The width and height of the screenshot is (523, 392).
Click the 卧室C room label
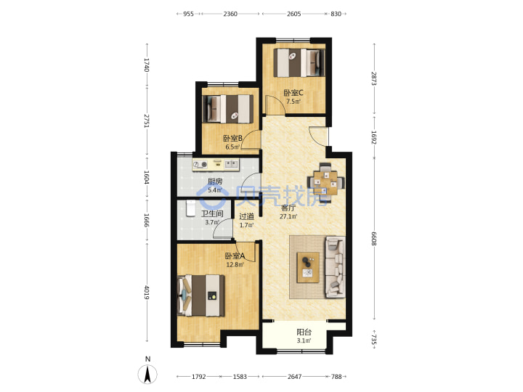[293, 93]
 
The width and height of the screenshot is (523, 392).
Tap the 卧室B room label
[233, 138]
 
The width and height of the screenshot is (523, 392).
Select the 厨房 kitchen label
[215, 181]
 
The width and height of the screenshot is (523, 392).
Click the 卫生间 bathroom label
[212, 213]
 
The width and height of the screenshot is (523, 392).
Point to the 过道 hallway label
[246, 216]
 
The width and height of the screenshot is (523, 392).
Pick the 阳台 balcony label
[304, 332]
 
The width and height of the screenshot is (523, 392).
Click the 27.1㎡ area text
[288, 216]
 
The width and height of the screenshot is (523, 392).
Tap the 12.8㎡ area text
[235, 265]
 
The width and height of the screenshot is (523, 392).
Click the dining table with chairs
[325, 183]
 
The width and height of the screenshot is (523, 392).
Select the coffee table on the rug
[308, 267]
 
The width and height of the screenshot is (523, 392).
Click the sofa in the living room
[335, 266]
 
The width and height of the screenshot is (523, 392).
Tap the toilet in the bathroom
[190, 208]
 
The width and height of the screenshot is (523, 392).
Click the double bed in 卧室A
[201, 295]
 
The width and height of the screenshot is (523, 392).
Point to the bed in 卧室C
[299, 62]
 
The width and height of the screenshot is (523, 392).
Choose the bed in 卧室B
[228, 109]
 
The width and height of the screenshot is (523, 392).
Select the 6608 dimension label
[374, 239]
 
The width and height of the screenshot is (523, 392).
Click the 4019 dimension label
[147, 292]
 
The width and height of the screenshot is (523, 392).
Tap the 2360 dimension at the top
[230, 14]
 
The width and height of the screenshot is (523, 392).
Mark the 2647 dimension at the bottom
[294, 377]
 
